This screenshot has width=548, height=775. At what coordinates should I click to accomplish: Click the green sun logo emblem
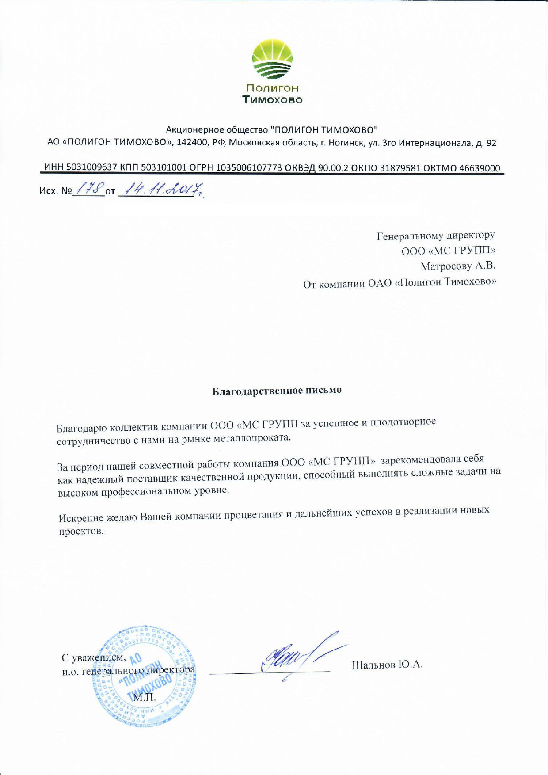(x=272, y=59)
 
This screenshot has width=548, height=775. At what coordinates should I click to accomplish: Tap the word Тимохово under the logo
(x=273, y=99)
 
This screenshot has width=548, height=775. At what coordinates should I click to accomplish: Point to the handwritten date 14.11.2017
(x=161, y=190)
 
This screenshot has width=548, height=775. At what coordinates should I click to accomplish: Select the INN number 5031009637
(x=92, y=168)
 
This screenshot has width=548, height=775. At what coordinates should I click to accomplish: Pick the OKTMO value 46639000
(x=479, y=168)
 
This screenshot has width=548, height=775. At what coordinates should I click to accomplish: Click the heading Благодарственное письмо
(x=277, y=391)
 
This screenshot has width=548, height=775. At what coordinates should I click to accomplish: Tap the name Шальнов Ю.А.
(x=387, y=665)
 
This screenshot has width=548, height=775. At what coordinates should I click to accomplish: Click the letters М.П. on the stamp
(x=145, y=697)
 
